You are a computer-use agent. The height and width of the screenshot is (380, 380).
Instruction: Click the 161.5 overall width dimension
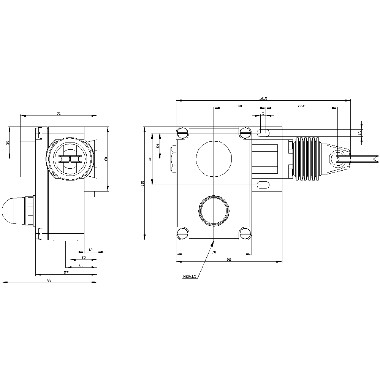(263, 98)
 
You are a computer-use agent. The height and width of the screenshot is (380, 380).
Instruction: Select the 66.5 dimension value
(302, 106)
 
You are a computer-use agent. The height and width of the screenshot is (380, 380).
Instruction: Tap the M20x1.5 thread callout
(190, 277)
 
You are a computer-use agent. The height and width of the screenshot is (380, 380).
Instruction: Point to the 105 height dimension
(142, 183)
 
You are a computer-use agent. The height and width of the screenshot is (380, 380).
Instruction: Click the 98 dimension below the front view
(229, 259)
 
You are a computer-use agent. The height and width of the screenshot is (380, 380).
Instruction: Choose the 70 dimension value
(214, 252)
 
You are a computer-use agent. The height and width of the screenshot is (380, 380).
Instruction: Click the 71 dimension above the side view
(59, 113)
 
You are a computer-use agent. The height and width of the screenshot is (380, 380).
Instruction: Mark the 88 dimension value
(49, 280)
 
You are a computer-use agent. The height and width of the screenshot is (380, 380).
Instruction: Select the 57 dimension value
(66, 273)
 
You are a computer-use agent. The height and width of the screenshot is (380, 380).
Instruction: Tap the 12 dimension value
(90, 250)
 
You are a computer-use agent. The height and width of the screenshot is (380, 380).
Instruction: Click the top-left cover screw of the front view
(183, 133)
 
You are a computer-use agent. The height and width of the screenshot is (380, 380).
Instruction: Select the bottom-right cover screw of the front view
(245, 233)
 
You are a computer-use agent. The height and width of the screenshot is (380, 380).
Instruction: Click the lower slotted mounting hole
(263, 185)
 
